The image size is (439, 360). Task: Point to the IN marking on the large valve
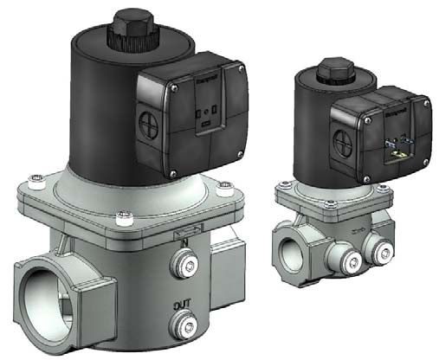click(x=184, y=243)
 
